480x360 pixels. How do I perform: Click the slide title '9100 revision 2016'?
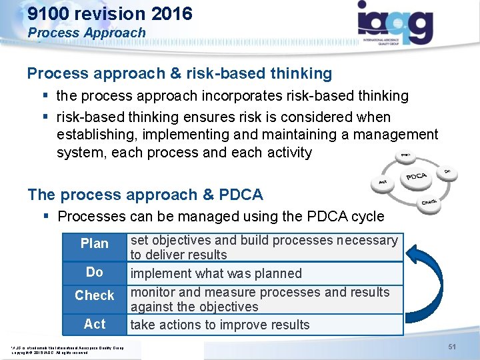point(110,13)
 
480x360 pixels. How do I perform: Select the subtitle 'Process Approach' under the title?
point(86,33)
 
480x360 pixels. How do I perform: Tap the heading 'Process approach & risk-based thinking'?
point(179,73)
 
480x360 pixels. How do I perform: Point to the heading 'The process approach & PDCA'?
point(145,195)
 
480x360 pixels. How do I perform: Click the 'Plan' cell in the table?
point(95,244)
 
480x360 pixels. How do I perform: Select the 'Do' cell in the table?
point(95,272)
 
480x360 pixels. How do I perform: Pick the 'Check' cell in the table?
point(95,295)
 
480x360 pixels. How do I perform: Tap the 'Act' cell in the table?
point(95,324)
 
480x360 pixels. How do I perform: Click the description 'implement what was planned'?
point(216,273)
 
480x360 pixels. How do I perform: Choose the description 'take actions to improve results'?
point(220,325)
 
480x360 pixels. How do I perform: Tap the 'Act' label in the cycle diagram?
point(383,181)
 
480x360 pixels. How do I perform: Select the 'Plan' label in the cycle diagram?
point(404,156)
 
